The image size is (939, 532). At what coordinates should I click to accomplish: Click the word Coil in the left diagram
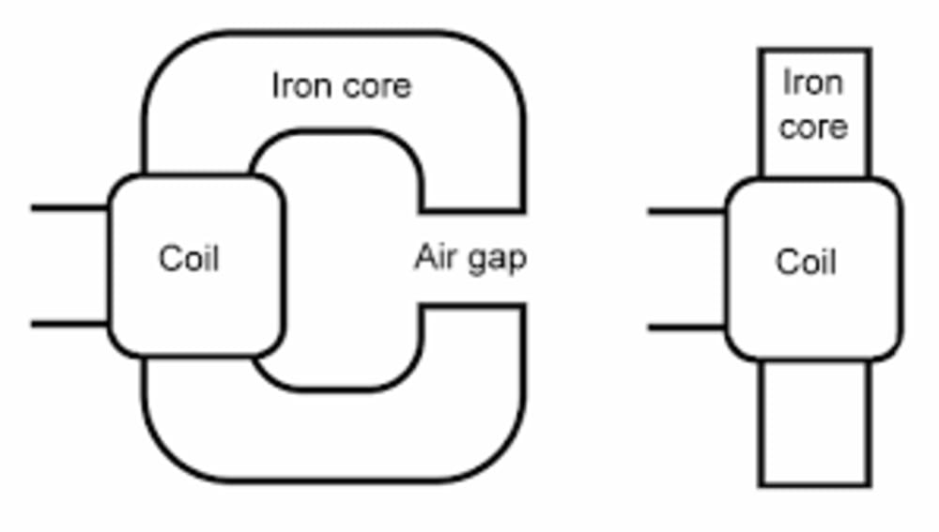coord(189,258)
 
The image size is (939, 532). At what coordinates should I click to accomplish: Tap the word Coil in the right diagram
coord(806,262)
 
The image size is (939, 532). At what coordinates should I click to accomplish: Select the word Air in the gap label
coord(435,256)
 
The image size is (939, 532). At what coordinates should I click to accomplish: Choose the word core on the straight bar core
coord(813,126)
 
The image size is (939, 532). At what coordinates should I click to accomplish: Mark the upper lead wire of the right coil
coord(686,212)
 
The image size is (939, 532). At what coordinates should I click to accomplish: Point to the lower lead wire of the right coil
coord(686,328)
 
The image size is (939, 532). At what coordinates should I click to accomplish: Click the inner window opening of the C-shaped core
coord(347,258)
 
